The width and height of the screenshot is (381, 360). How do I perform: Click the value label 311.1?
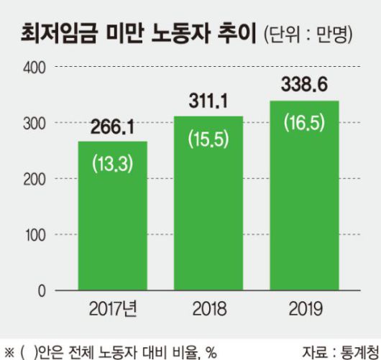[208, 103]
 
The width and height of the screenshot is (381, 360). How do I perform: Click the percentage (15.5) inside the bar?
[208, 139]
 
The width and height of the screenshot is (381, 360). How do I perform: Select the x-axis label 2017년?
[114, 311]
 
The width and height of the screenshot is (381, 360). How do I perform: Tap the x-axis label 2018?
[208, 311]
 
